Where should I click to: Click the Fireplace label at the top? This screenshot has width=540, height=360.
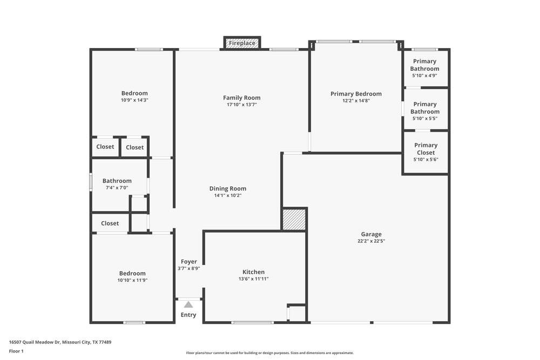[242, 43]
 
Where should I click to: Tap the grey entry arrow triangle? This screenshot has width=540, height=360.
[188, 305]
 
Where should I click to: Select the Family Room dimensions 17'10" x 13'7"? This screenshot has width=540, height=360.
[242, 105]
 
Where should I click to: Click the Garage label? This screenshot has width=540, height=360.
[371, 234]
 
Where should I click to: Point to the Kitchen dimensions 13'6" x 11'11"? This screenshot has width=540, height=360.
[254, 279]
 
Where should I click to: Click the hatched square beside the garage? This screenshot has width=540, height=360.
[294, 220]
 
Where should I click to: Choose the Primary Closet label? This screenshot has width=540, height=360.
[426, 148]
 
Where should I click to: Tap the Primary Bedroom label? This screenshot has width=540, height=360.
[356, 93]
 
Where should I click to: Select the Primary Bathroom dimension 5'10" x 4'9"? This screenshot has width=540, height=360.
[425, 76]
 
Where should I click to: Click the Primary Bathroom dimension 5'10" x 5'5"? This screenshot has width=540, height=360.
[425, 118]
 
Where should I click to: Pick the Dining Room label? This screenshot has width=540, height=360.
[228, 188]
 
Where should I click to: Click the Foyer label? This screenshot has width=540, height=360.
[189, 262]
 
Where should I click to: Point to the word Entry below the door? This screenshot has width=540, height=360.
[188, 315]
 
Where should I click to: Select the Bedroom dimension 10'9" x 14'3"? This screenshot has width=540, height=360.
[134, 100]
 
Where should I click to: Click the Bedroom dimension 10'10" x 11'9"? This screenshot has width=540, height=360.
[132, 280]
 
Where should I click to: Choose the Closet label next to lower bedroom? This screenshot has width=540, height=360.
[110, 223]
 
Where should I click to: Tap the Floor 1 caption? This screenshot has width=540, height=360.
[16, 351]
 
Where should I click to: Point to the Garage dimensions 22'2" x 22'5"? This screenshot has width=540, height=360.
[371, 241]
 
